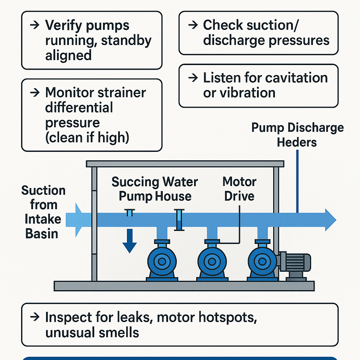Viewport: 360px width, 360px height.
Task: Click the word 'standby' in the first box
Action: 126,40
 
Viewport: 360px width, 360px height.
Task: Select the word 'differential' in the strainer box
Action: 79,108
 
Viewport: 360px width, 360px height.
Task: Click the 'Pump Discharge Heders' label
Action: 297,135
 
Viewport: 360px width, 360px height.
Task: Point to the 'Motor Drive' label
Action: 239,189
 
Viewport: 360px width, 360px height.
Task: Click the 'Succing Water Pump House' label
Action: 155,189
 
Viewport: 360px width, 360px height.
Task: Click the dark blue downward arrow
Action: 129,240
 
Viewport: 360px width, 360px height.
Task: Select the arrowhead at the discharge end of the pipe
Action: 330,220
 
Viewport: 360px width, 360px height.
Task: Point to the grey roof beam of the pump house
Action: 185,164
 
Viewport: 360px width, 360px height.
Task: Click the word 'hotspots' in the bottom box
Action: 224,317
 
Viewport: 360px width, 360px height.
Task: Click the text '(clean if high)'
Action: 87,137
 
